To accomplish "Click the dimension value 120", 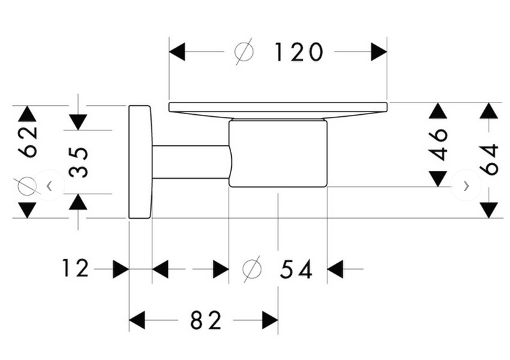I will click(298, 52).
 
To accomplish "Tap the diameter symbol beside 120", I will click(244, 52).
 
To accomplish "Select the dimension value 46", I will click(438, 144).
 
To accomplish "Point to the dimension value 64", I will click(489, 159).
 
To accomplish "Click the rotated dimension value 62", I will click(27, 141).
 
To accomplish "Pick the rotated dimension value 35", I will click(78, 162).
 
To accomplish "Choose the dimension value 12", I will click(76, 268).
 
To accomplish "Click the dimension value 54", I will click(296, 269).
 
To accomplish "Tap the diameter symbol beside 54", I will click(252, 268).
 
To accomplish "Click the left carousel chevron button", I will click(50, 186).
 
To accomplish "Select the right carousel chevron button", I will click(466, 186).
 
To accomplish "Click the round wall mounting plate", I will click(139, 162).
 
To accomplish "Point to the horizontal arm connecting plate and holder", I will click(190, 162).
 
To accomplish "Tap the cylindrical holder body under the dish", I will click(278, 154).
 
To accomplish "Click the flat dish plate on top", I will click(278, 106).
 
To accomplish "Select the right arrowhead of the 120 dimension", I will click(379, 52).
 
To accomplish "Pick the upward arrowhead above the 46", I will click(438, 111).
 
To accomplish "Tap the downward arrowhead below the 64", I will click(489, 210).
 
